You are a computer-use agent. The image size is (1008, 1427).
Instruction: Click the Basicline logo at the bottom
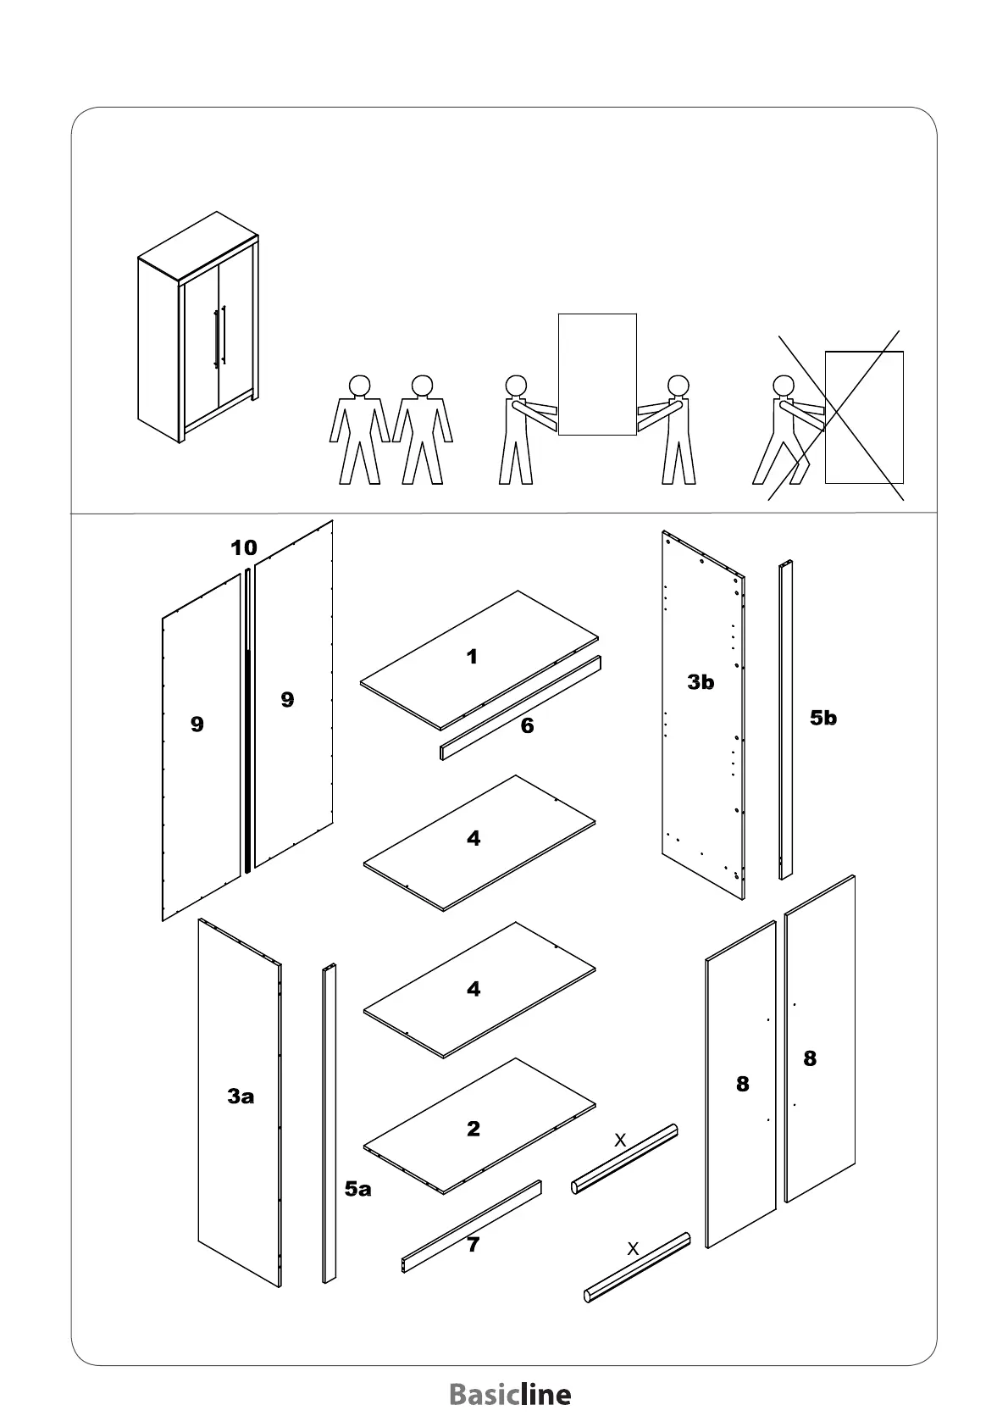coord(510,1394)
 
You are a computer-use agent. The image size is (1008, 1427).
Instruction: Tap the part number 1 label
coord(472,657)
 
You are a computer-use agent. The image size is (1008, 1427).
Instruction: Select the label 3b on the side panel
coord(701,682)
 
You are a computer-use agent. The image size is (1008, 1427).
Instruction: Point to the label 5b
coord(822,719)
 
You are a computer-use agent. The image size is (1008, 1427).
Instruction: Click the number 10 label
coord(244,548)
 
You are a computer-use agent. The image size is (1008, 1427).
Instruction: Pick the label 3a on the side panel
coord(241,1097)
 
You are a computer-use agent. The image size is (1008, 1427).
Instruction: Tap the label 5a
coord(357,1189)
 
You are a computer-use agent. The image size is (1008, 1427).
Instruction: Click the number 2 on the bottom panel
coord(474,1129)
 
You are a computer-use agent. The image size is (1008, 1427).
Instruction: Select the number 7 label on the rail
coord(473,1245)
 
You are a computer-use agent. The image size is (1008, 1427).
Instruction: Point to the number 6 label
coord(527,726)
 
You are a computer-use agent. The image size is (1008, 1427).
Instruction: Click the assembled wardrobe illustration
coord(197,326)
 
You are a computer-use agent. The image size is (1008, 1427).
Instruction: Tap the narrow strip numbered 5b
coord(785,720)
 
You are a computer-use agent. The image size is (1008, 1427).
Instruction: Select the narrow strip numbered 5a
coord(330,1123)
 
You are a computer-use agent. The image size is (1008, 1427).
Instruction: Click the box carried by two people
coord(597,374)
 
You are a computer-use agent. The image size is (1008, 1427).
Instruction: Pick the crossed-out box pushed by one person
coord(864,417)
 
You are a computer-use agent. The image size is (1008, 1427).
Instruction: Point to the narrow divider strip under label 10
coord(247,720)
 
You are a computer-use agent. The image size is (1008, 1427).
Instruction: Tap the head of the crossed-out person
coord(784,386)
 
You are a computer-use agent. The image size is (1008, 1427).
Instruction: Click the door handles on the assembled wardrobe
coord(219,336)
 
